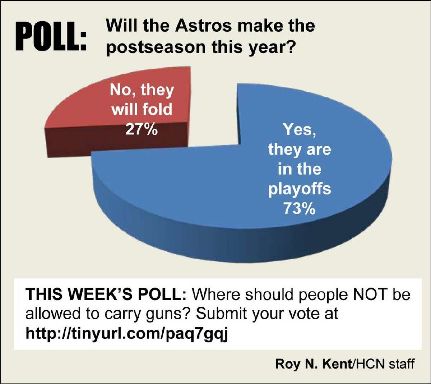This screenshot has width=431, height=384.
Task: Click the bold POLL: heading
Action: click(x=51, y=36)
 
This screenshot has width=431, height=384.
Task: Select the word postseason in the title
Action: click(x=156, y=47)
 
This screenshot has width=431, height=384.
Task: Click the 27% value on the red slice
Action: click(x=142, y=129)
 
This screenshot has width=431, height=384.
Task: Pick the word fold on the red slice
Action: click(x=157, y=109)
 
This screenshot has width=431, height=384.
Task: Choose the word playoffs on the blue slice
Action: click(x=300, y=189)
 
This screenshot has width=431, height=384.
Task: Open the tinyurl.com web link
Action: click(x=127, y=334)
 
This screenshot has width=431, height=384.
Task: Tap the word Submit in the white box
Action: click(x=222, y=314)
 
